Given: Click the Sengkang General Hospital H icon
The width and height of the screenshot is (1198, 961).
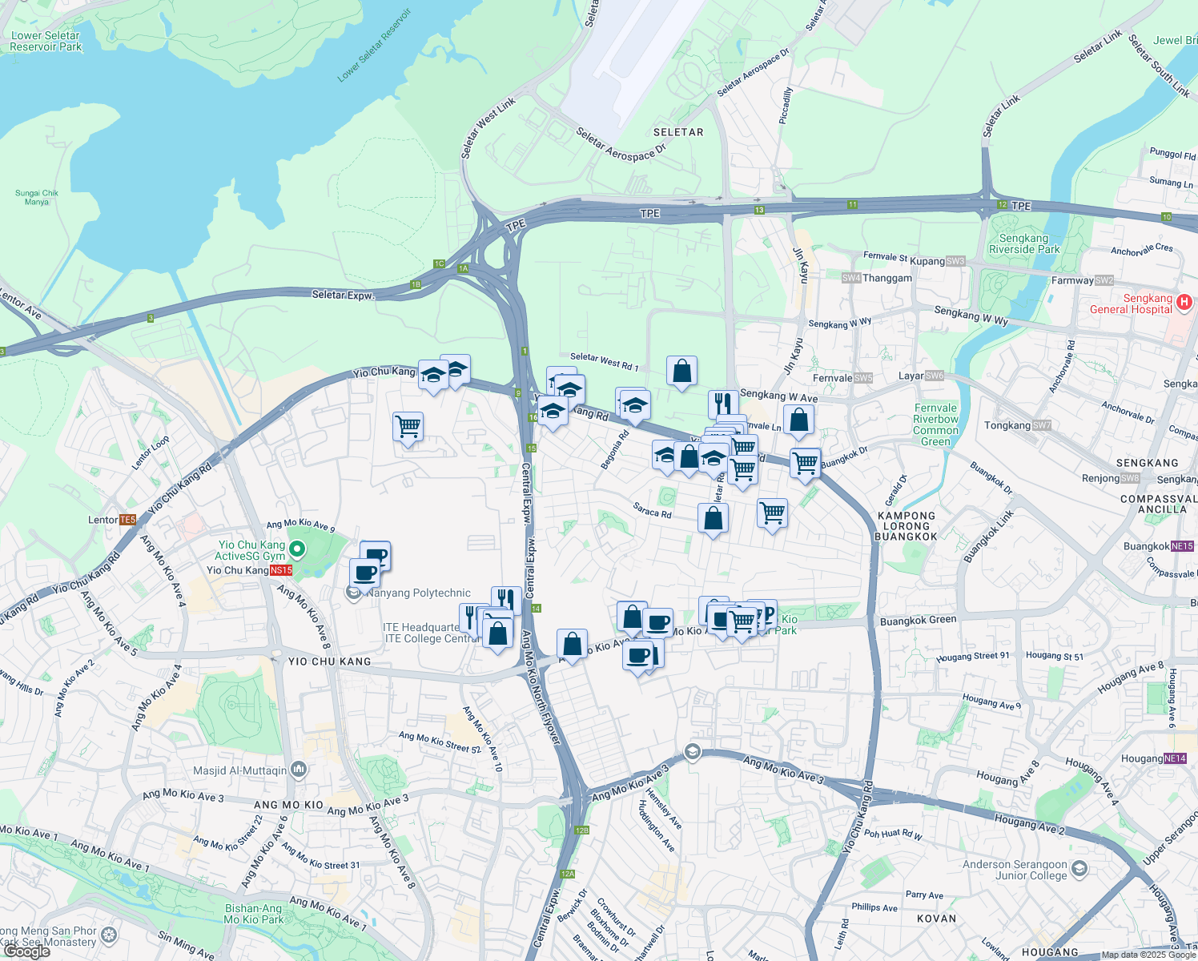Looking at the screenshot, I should click(1184, 303).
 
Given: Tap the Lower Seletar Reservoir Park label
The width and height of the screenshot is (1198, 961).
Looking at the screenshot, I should click(46, 41).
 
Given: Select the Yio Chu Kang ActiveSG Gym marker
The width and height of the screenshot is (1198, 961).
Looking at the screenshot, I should click(297, 549).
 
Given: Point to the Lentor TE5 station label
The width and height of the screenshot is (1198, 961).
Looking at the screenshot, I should click(111, 520).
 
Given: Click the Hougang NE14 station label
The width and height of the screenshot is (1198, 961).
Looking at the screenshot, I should click(1153, 758).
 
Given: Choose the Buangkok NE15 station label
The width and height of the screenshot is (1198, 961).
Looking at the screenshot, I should click(1158, 546).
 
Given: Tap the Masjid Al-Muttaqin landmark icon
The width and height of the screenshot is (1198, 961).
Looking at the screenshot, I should click(299, 770).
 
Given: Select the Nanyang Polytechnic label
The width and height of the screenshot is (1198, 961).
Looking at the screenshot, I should click(418, 593).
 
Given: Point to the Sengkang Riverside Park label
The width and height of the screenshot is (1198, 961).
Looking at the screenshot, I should click(1023, 243).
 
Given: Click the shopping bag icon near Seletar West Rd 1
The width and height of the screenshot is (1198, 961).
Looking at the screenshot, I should click(681, 372).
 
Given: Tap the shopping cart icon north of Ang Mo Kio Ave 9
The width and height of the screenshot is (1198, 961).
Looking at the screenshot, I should click(408, 427).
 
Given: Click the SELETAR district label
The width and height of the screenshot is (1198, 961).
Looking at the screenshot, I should click(678, 132).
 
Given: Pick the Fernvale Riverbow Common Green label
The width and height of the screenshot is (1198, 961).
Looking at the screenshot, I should click(935, 424).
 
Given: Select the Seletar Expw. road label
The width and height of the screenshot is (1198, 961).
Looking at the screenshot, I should click(343, 295).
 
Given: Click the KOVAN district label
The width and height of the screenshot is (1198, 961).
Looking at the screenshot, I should click(936, 919).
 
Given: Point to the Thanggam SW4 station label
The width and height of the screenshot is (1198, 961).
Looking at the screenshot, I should click(877, 278).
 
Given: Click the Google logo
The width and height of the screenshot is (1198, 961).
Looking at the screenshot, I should click(26, 951).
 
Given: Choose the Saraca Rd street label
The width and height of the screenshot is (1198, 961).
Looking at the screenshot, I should click(652, 510).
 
